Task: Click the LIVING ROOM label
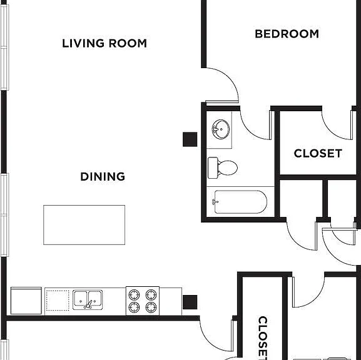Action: click(x=104, y=43)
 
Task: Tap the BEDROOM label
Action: click(x=287, y=34)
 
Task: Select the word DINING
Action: click(x=103, y=176)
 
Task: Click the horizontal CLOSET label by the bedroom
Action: click(x=318, y=153)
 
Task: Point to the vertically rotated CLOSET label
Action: click(x=263, y=337)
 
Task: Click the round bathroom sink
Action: click(x=221, y=129)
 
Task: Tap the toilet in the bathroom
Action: click(x=223, y=167)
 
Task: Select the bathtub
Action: click(x=240, y=202)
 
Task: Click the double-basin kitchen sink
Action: click(x=88, y=300)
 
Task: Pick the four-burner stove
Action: click(x=143, y=301)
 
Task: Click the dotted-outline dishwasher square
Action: click(x=58, y=301)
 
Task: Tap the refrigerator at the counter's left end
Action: click(x=26, y=301)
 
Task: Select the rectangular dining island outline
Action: click(x=84, y=225)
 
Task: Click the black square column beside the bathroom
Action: click(x=190, y=139)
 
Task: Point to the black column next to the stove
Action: click(x=190, y=302)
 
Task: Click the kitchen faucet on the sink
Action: click(x=88, y=304)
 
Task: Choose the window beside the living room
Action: click(x=4, y=47)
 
